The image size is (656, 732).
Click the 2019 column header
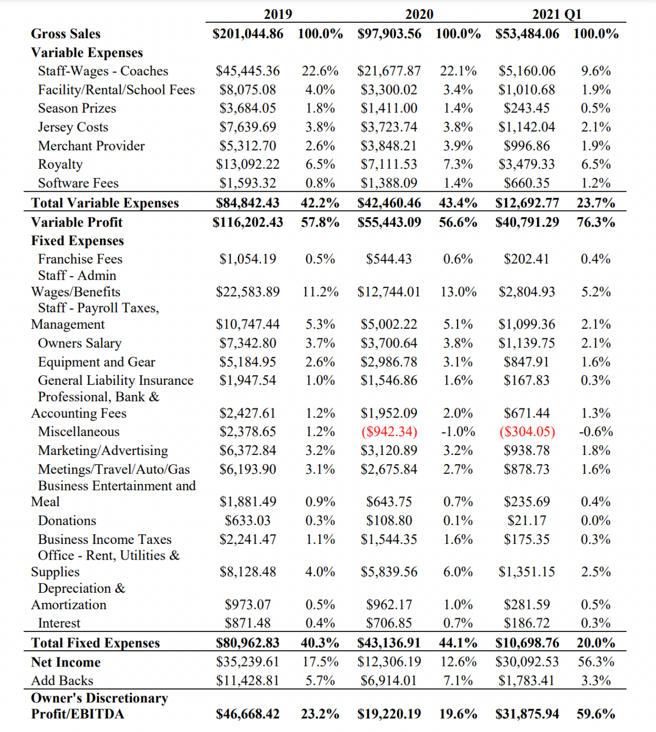coord(278,14)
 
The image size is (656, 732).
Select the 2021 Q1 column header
coord(556,14)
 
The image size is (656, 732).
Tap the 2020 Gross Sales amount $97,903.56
coord(389,34)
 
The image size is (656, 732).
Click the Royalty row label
coord(60,164)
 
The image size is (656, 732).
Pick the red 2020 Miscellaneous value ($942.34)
coord(389,432)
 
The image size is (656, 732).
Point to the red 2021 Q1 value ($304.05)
coord(527,432)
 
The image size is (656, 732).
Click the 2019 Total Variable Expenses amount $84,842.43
coord(248,203)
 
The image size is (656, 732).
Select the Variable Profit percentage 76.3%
coord(595,222)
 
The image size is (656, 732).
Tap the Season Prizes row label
coord(77,108)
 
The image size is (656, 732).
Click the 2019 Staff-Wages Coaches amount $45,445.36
coord(248,71)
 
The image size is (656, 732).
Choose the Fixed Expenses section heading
coord(77,240)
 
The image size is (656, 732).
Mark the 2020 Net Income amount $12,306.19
coord(389,662)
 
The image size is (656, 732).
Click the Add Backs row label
coord(62,681)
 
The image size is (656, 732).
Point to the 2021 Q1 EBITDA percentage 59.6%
coord(595,714)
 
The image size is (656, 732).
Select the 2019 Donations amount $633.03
coord(248,521)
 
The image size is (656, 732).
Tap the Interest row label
coord(59,623)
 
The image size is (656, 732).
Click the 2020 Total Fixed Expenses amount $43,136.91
coord(389,643)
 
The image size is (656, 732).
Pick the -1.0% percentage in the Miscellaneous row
coord(458,432)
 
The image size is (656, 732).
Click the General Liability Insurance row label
coord(115,380)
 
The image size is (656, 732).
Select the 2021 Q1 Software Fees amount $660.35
coord(527,183)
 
